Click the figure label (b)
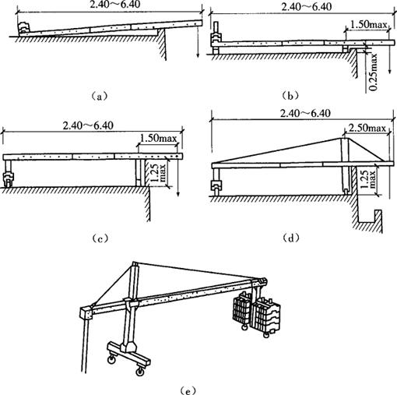tap(290, 96)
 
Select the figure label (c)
tap(100, 238)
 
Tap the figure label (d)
tap(290, 238)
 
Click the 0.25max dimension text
tap(374, 72)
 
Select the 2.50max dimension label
tap(367, 128)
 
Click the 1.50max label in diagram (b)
tap(368, 25)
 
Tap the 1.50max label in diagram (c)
tap(158, 138)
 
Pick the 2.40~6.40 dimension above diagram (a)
tap(115, 5)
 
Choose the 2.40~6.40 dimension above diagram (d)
tap(305, 114)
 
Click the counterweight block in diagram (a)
tap(24, 28)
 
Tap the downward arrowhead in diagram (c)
tap(178, 194)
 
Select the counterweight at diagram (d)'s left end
tap(216, 185)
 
